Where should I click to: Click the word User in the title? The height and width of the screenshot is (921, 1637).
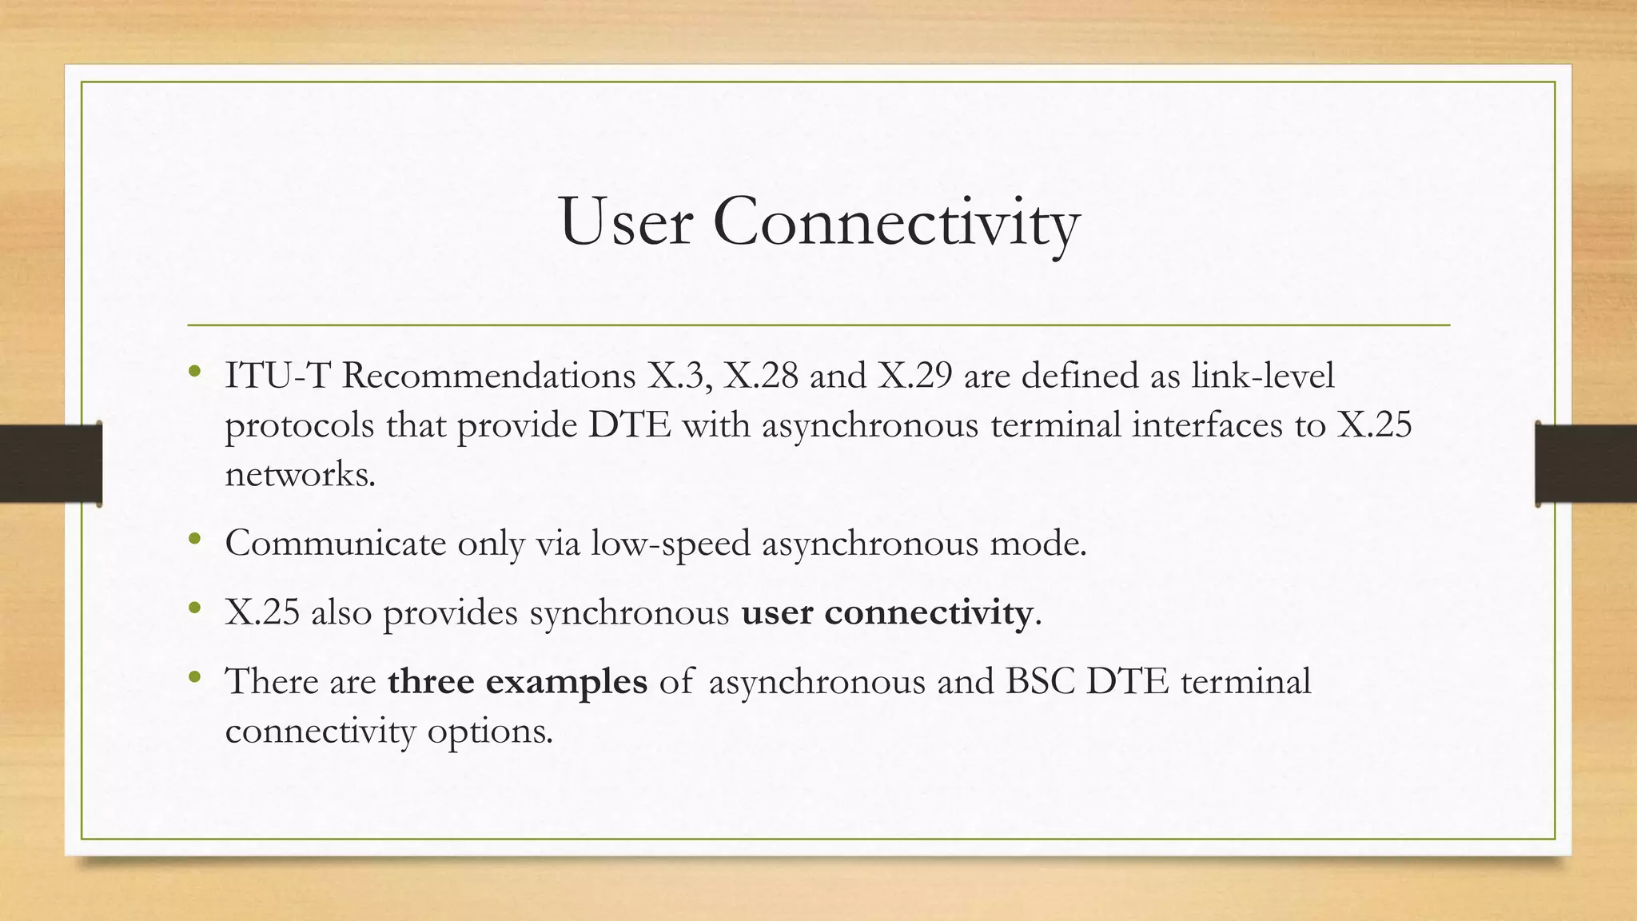pos(625,222)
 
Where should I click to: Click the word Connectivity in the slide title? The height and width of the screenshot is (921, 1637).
pos(896,224)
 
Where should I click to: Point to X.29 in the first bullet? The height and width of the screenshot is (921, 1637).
pos(915,376)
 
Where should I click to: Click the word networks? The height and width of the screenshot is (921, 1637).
pos(299,475)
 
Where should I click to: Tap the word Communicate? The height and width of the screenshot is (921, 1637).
pos(336,544)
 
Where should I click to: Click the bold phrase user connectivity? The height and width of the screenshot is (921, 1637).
pos(887,613)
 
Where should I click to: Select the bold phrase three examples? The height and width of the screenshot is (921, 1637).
pos(517,682)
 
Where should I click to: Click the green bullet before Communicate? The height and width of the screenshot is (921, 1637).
pos(195,540)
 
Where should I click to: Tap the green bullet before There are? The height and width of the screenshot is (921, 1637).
pos(195,678)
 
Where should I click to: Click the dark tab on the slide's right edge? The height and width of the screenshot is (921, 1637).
pos(1586,464)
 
